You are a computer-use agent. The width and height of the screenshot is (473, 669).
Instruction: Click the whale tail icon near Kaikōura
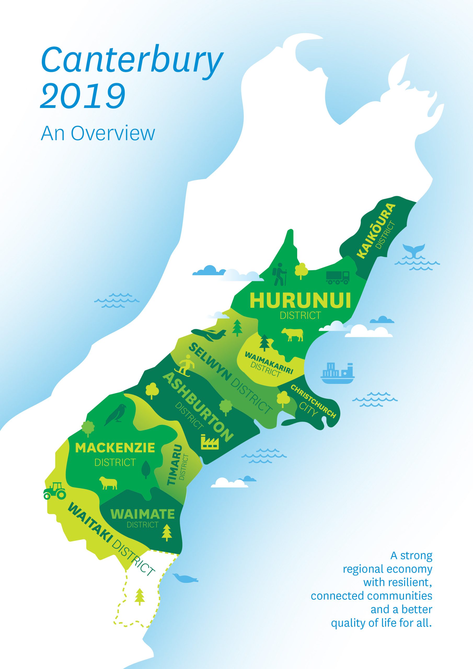[413, 250]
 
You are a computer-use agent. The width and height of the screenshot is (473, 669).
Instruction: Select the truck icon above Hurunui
[337, 277]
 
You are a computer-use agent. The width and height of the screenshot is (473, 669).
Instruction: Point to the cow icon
[292, 334]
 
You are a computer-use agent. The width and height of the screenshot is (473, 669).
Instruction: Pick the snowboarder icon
[184, 365]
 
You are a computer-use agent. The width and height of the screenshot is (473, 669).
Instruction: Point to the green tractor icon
[55, 491]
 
